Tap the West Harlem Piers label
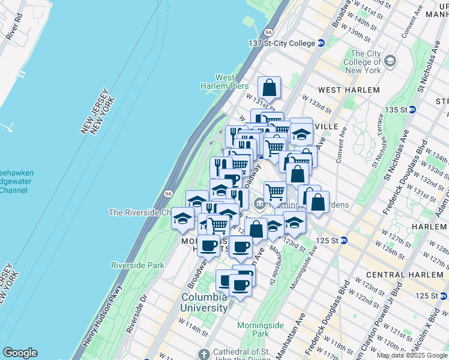(224, 82)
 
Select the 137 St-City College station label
(282, 43)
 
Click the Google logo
(20, 353)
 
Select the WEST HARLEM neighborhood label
(349, 90)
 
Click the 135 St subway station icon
(412, 110)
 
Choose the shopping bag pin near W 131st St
(270, 88)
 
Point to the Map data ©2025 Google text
(411, 355)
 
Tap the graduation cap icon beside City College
(390, 61)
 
